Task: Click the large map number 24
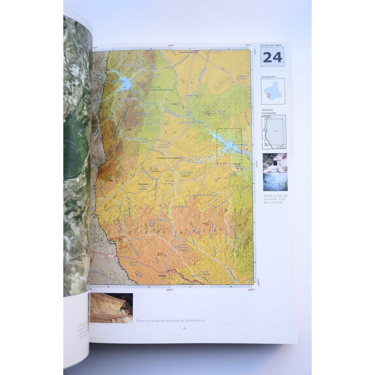(x=272, y=57)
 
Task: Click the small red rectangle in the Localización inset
(x=269, y=96)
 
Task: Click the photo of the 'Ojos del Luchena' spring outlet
(x=275, y=172)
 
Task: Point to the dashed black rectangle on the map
(x=229, y=146)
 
